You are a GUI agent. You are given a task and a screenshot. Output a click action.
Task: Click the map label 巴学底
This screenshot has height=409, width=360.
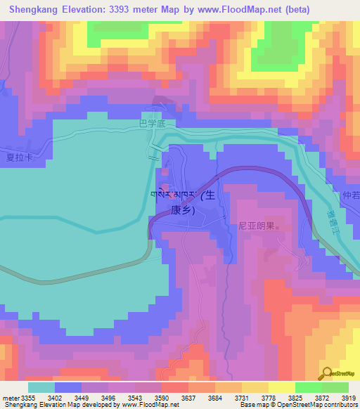coord(152,124)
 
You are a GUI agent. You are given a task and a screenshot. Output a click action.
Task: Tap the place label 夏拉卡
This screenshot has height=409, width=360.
coord(20,157)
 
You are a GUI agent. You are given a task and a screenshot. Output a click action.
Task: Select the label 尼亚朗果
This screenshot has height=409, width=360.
coord(255,227)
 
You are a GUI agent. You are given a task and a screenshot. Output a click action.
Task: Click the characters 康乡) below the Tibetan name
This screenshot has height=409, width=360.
coord(181,209)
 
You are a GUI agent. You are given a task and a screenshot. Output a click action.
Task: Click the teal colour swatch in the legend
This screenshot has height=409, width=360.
coord(41,387)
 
